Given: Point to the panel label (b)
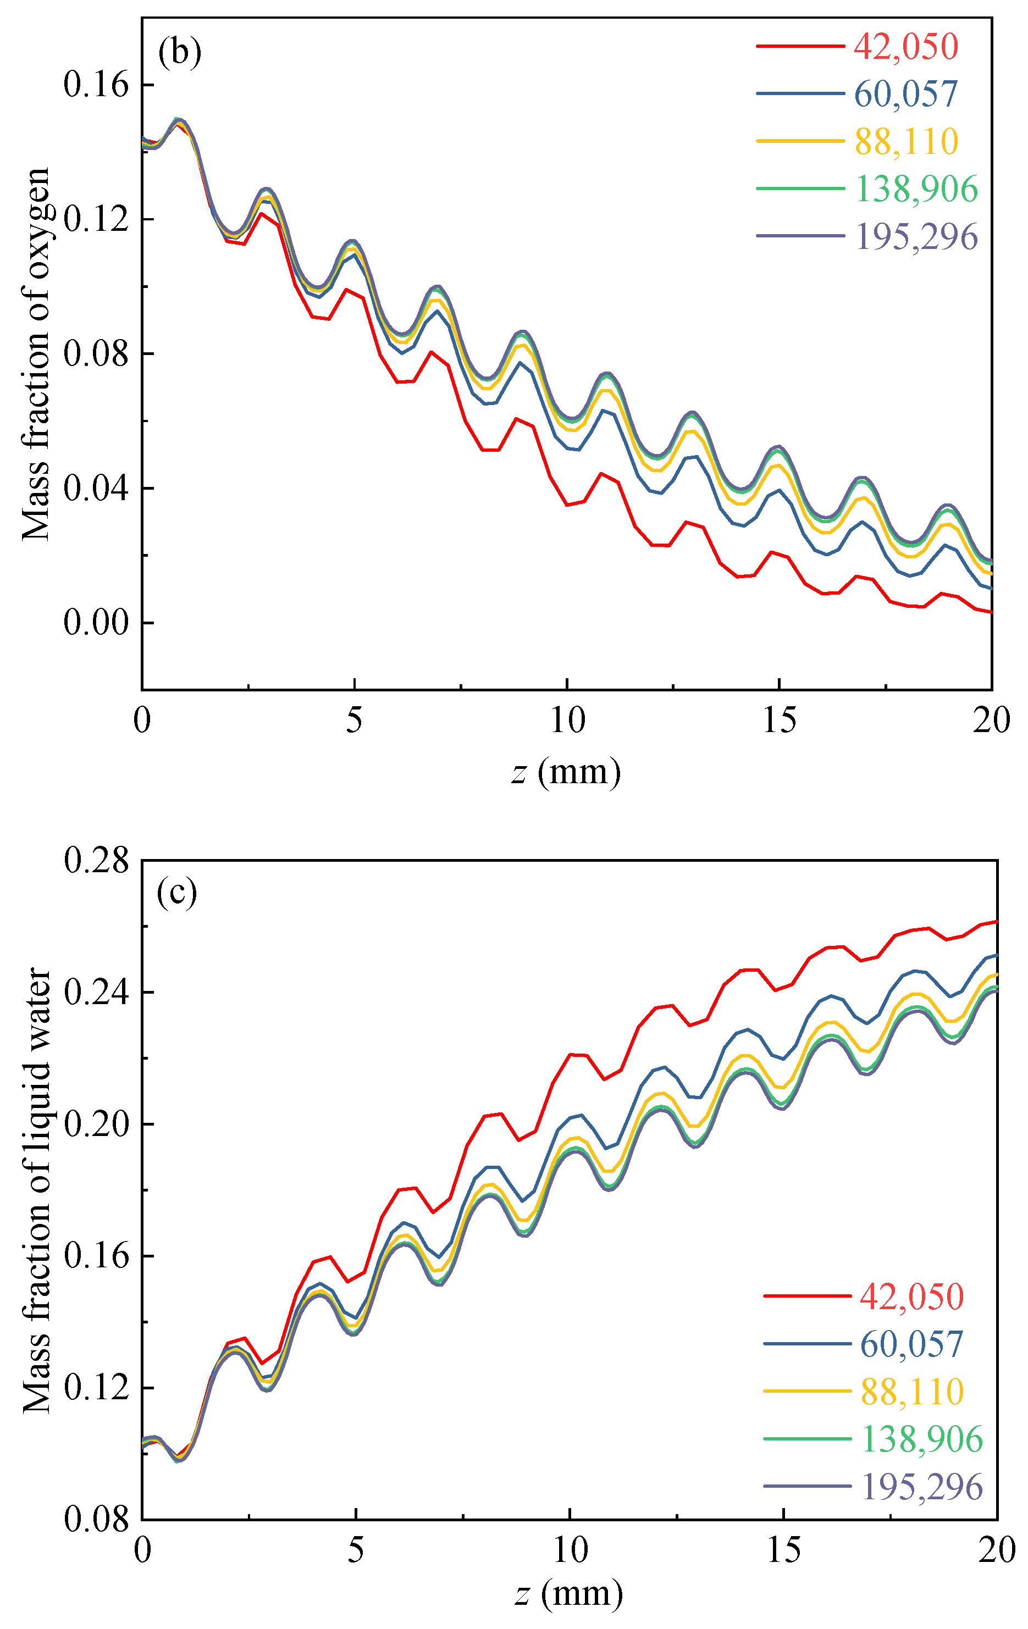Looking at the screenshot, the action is coord(179,52).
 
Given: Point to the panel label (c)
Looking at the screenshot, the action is coord(176,893).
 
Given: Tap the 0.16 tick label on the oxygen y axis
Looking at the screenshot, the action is coord(96,85).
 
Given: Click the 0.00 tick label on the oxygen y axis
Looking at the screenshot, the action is coord(96,622).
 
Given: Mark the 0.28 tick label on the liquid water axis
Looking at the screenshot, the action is coord(96,861).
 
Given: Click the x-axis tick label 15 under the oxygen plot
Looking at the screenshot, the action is coord(779,721).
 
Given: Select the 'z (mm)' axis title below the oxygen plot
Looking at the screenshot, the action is coord(566,773).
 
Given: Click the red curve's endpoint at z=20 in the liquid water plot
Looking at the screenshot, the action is coord(997,921).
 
